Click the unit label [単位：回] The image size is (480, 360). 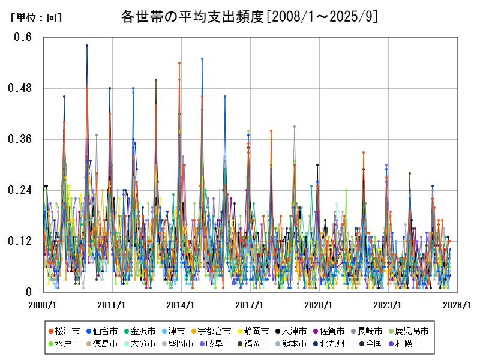(36, 18)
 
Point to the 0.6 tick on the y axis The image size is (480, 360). (23, 37)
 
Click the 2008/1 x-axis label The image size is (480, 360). (43, 305)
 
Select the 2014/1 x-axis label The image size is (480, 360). (181, 305)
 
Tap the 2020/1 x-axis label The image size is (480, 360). (319, 305)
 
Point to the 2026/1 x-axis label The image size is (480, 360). (457, 305)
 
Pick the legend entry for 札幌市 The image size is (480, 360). (407, 344)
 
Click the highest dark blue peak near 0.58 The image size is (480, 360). (87, 46)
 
